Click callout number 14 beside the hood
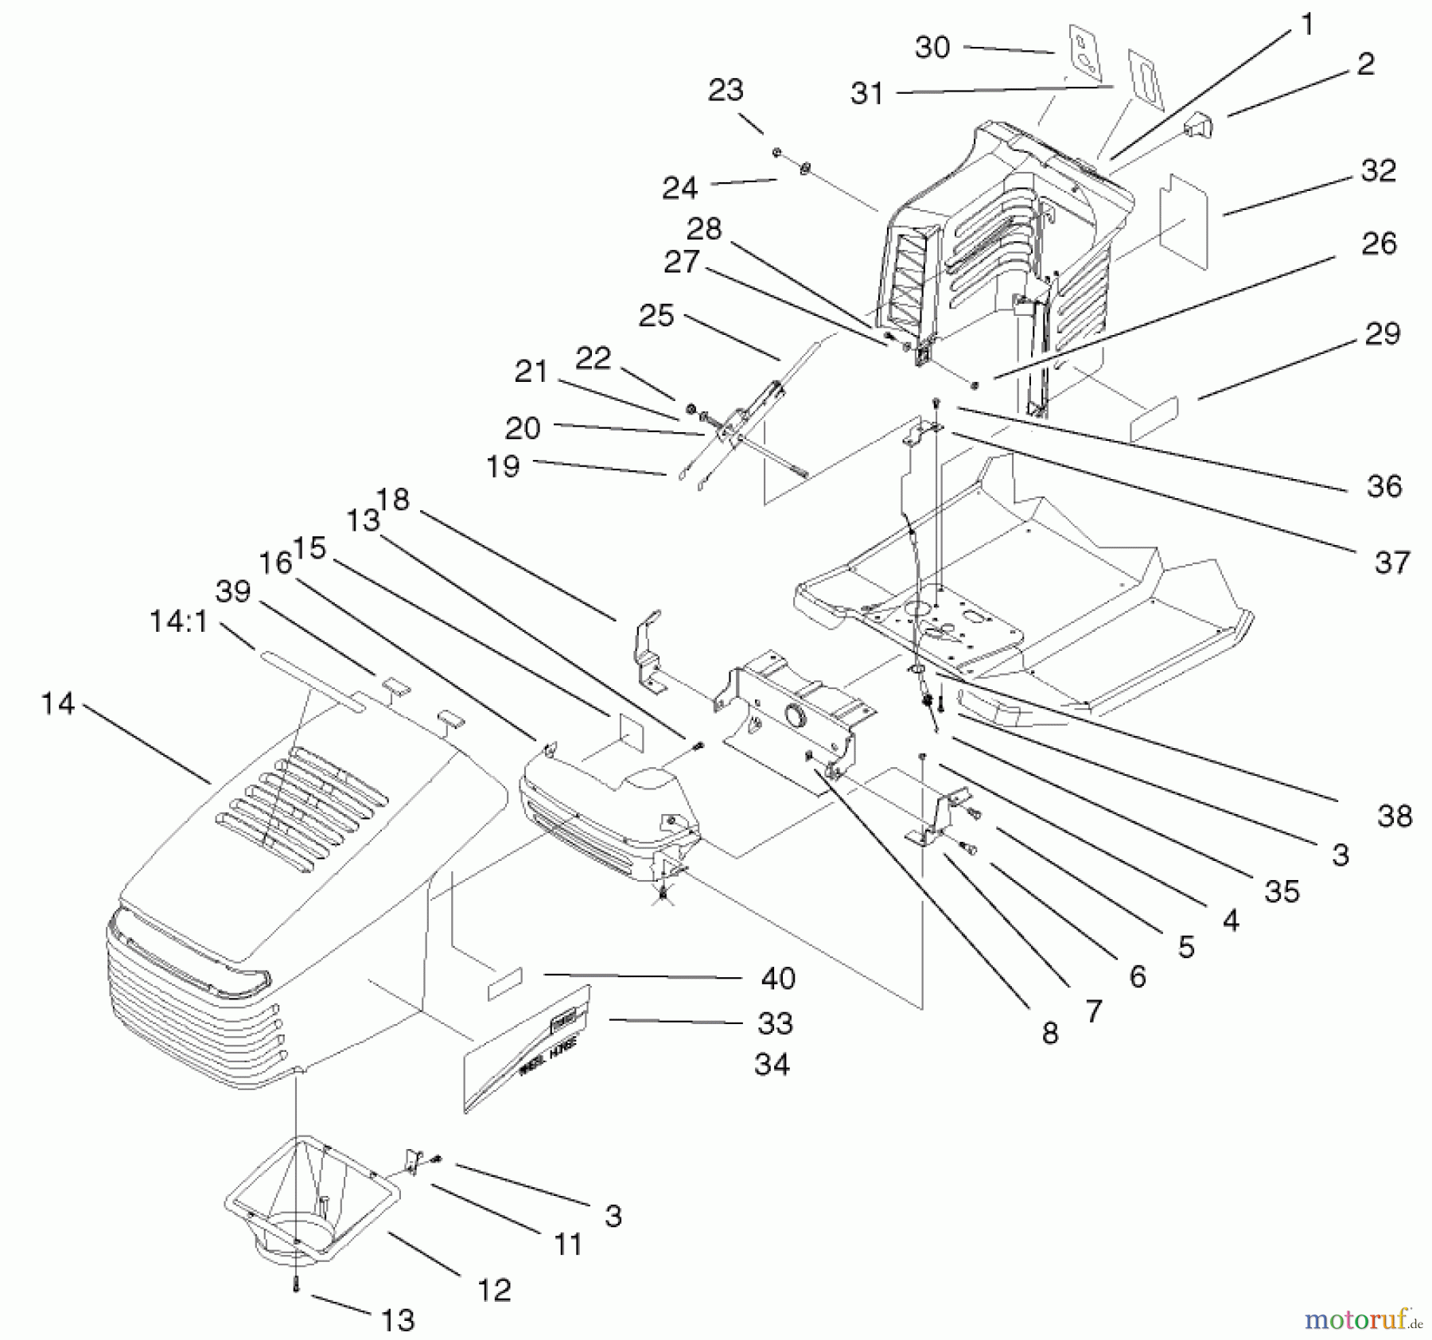pos(57,703)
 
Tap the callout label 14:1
pos(178,621)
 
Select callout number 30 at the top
pos(932,48)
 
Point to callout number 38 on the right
pos(1394,816)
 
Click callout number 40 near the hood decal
pos(778,978)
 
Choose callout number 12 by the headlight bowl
pos(494,1290)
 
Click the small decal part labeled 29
pos(1154,419)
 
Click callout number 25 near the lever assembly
pos(656,316)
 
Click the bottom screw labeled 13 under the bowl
pos(297,1287)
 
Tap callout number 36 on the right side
pos(1383,485)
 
